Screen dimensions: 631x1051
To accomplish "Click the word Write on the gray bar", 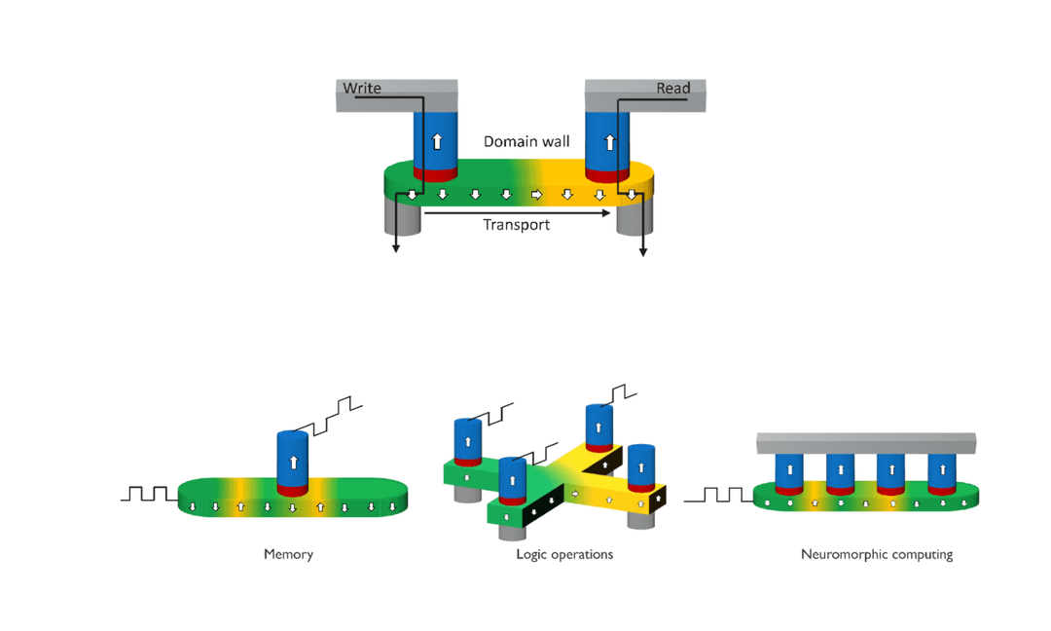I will tap(361, 89).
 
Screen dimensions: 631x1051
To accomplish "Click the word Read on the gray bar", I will tap(672, 89).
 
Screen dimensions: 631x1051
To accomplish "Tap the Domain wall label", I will tap(526, 142).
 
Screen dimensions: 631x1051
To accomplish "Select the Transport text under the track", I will tap(516, 225).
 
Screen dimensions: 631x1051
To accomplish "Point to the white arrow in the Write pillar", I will tap(437, 141).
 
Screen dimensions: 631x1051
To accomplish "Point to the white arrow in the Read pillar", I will tap(609, 141).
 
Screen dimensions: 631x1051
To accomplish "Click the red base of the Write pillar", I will tap(435, 174).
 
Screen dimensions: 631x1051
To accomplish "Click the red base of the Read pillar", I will tap(607, 175).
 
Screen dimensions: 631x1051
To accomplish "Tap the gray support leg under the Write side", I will tap(402, 219).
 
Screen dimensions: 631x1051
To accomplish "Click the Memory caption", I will tap(288, 554).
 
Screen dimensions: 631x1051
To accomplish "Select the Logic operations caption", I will tap(564, 554).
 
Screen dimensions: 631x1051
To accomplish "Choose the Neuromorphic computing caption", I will tap(876, 554).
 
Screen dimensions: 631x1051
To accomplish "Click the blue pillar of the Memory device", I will tap(293, 459).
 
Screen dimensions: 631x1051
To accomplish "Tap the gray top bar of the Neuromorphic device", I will tap(866, 443).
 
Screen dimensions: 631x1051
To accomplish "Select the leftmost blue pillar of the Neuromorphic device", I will tap(789, 470).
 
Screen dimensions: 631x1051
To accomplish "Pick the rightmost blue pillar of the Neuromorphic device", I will tap(941, 470).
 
